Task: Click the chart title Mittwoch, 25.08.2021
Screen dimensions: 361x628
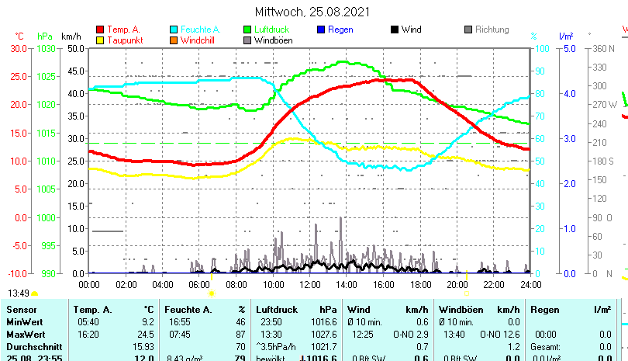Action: [312, 12]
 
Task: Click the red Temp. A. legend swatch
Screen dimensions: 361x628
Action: [99, 30]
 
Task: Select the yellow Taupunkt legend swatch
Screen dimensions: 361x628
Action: [99, 40]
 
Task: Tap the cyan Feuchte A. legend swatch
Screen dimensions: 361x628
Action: [174, 30]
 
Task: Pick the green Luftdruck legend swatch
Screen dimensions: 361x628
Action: [248, 30]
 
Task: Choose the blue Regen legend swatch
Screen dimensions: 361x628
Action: [322, 30]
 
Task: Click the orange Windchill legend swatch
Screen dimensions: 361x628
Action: [174, 40]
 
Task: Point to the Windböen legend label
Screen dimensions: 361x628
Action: [273, 40]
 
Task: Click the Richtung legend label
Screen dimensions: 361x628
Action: [492, 30]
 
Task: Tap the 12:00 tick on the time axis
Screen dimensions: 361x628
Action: [309, 284]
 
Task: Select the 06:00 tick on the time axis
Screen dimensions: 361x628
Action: [199, 284]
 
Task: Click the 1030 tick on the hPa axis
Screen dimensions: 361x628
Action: [46, 48]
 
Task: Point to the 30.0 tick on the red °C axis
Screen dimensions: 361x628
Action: [19, 48]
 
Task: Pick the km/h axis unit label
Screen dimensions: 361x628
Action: [71, 36]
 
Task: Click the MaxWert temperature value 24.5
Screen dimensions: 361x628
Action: [147, 333]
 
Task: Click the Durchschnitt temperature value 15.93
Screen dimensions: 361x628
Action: [144, 345]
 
